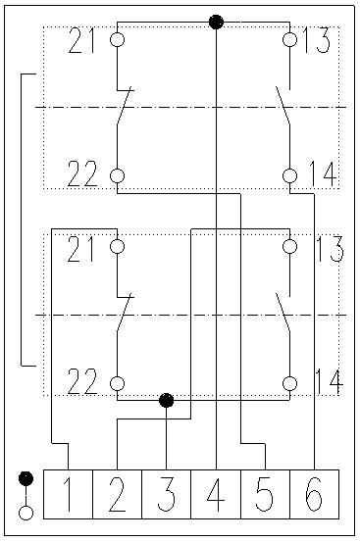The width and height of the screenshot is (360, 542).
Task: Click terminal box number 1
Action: (x=68, y=494)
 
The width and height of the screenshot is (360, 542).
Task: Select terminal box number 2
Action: (x=118, y=494)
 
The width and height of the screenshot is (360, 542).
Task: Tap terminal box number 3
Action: (x=167, y=494)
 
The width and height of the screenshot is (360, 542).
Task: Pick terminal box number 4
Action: (x=216, y=494)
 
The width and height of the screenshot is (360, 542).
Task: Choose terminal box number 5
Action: (x=265, y=494)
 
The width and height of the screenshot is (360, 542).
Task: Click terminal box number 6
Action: (x=314, y=494)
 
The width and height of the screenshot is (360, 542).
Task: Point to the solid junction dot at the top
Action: (x=216, y=23)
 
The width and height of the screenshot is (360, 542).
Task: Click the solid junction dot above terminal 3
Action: (x=167, y=400)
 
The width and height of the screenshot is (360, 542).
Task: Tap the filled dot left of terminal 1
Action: (x=26, y=478)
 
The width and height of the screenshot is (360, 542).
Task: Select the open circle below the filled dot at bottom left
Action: (x=26, y=513)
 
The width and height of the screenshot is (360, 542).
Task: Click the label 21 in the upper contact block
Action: (x=81, y=40)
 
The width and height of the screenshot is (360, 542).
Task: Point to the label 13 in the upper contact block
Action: (x=317, y=40)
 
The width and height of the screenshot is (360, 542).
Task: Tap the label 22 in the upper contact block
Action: (x=82, y=174)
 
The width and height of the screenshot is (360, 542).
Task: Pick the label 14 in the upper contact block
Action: (x=323, y=174)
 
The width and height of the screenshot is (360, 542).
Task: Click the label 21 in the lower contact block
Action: (x=80, y=249)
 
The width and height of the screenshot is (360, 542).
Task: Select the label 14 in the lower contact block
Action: (x=330, y=381)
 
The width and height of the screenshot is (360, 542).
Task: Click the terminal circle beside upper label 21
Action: (x=118, y=39)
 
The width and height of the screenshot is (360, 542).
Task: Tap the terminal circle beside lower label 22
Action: (x=118, y=383)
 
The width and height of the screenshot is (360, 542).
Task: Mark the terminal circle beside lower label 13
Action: (x=289, y=247)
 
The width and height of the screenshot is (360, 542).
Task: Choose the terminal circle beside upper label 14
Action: (x=289, y=175)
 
